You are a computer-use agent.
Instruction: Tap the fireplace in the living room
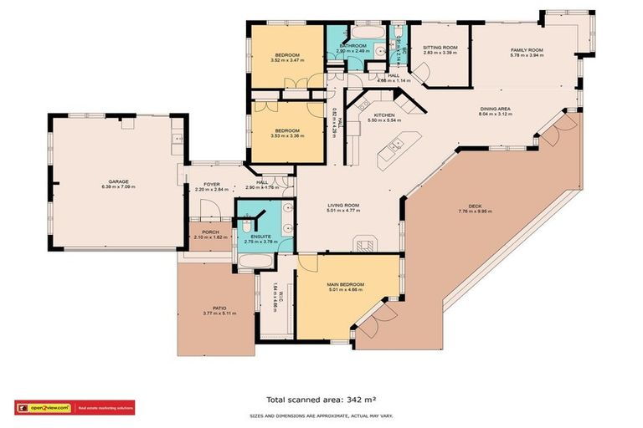click(x=365, y=245)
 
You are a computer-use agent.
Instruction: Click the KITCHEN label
click(x=383, y=115)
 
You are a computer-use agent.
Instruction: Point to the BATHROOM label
click(x=352, y=46)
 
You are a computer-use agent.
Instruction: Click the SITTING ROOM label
click(x=439, y=48)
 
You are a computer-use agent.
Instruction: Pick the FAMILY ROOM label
click(x=527, y=51)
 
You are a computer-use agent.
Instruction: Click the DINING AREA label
click(x=495, y=108)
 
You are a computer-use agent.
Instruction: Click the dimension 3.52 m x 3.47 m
click(x=285, y=60)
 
